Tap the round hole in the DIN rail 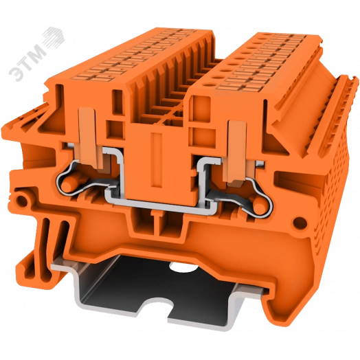[181, 267]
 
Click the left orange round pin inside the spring [68, 183]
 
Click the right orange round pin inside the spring [260, 205]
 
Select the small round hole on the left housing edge [21, 201]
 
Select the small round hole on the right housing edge [300, 222]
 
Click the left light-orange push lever [90, 139]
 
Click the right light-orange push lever [237, 152]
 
